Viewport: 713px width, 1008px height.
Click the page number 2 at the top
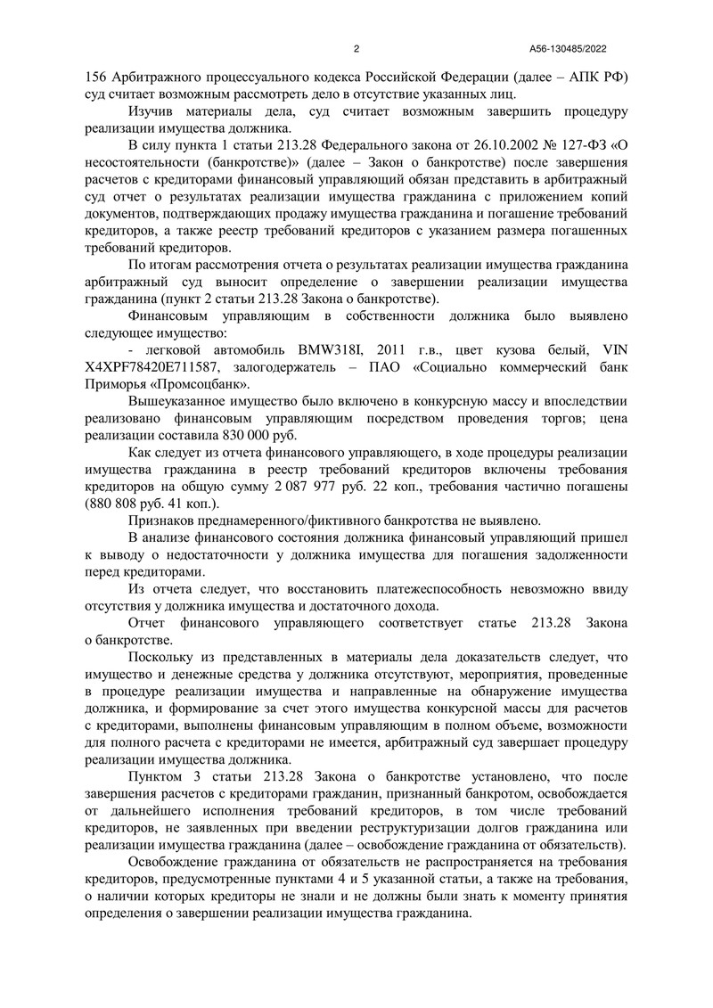coord(356,49)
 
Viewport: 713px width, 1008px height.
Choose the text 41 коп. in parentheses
coord(188,505)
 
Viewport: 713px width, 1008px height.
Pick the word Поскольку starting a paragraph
coord(163,656)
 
